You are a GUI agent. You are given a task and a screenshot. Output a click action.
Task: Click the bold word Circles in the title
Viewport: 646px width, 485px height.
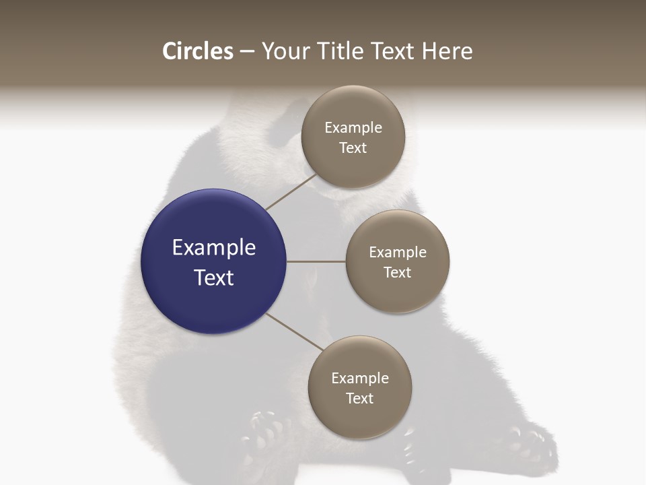(x=197, y=51)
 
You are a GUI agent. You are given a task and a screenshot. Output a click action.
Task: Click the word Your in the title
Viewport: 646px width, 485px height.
(x=285, y=51)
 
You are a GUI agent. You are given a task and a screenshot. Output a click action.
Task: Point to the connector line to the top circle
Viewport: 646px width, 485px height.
(x=291, y=192)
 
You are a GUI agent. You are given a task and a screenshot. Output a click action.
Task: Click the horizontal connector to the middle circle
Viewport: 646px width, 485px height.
(x=316, y=261)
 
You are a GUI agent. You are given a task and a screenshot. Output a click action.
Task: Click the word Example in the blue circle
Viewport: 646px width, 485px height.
(x=214, y=248)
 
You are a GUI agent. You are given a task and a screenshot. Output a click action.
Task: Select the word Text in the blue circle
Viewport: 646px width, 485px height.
(x=214, y=278)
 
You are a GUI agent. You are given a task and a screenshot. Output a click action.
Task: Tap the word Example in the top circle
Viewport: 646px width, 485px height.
(x=353, y=127)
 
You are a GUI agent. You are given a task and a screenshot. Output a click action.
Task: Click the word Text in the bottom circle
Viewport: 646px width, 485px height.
(x=360, y=398)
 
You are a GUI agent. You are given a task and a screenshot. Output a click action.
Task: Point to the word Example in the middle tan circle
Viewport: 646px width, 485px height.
(x=398, y=252)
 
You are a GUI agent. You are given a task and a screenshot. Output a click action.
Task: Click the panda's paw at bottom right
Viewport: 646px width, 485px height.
(x=532, y=445)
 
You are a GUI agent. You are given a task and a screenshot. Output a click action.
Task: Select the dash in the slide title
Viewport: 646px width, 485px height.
(x=246, y=51)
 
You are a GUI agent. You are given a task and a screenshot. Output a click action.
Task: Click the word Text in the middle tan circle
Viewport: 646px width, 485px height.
(x=398, y=272)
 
